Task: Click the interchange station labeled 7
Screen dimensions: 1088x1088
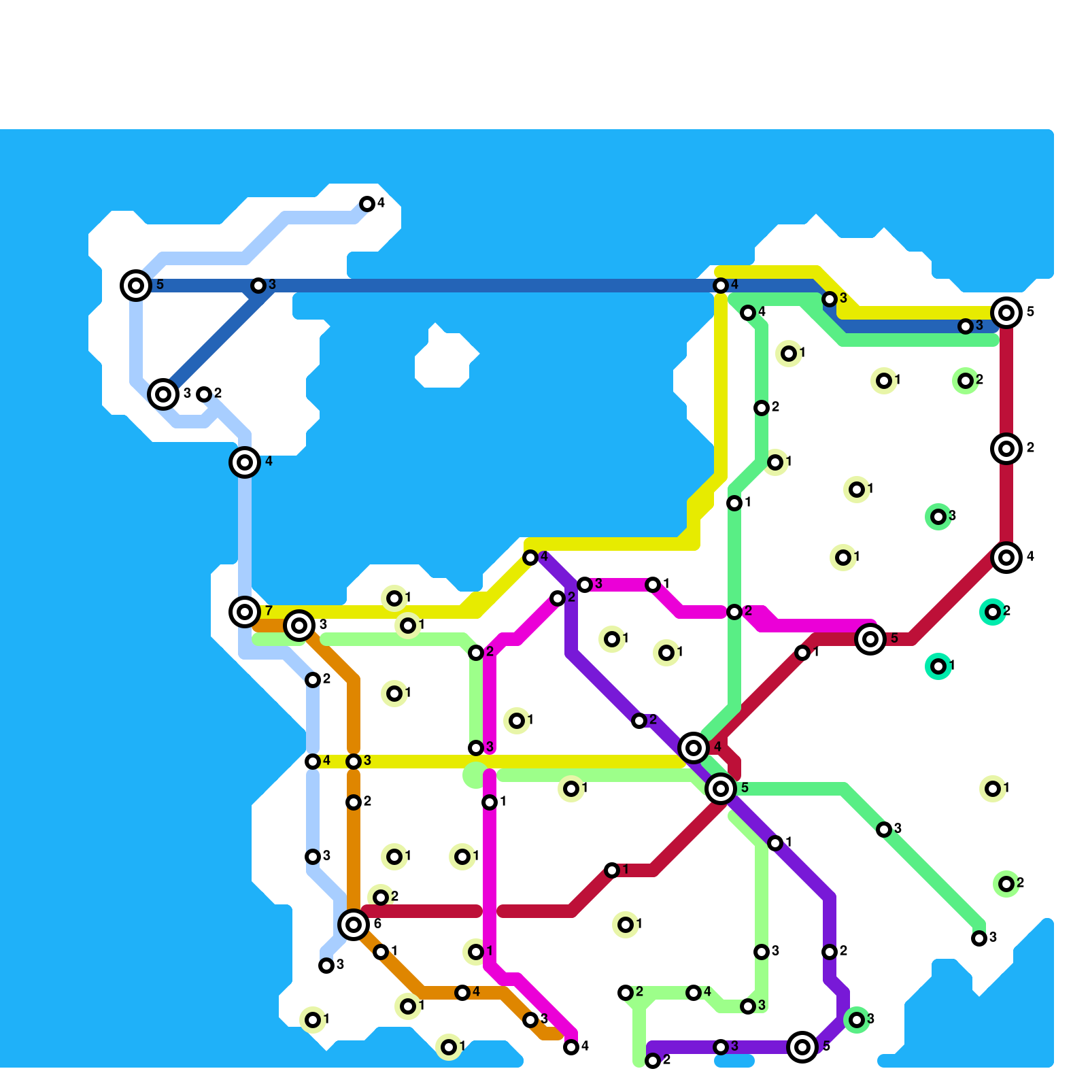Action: pyautogui.click(x=245, y=611)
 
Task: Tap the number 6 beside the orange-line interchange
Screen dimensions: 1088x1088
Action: pyautogui.click(x=377, y=923)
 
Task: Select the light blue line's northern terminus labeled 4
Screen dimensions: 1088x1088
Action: pyautogui.click(x=367, y=203)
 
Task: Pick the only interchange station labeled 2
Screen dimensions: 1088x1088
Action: pyautogui.click(x=1006, y=449)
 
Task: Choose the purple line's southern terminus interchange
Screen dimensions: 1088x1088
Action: pyautogui.click(x=802, y=1047)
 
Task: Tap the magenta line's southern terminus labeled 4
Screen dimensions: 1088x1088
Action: pyautogui.click(x=571, y=1047)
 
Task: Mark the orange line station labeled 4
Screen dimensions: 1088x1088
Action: pyautogui.click(x=462, y=993)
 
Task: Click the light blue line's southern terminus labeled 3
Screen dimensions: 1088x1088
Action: pyautogui.click(x=326, y=965)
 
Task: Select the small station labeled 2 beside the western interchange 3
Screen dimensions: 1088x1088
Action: pyautogui.click(x=204, y=394)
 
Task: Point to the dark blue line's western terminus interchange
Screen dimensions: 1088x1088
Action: pyautogui.click(x=136, y=285)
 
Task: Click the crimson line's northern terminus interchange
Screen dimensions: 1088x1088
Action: pyautogui.click(x=1006, y=313)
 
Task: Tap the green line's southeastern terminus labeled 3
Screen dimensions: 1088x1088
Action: pyautogui.click(x=979, y=938)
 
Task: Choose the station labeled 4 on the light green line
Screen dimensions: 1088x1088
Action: pyautogui.click(x=694, y=993)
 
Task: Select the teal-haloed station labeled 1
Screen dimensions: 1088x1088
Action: pyautogui.click(x=938, y=666)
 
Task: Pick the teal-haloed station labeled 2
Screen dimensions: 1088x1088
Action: pyautogui.click(x=993, y=612)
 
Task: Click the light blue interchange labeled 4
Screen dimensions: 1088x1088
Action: pyautogui.click(x=245, y=462)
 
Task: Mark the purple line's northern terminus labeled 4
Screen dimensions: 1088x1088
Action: pyautogui.click(x=530, y=558)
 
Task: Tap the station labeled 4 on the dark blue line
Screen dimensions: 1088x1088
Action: pyautogui.click(x=721, y=286)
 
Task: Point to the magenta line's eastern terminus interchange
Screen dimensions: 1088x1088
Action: pyautogui.click(x=870, y=639)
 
